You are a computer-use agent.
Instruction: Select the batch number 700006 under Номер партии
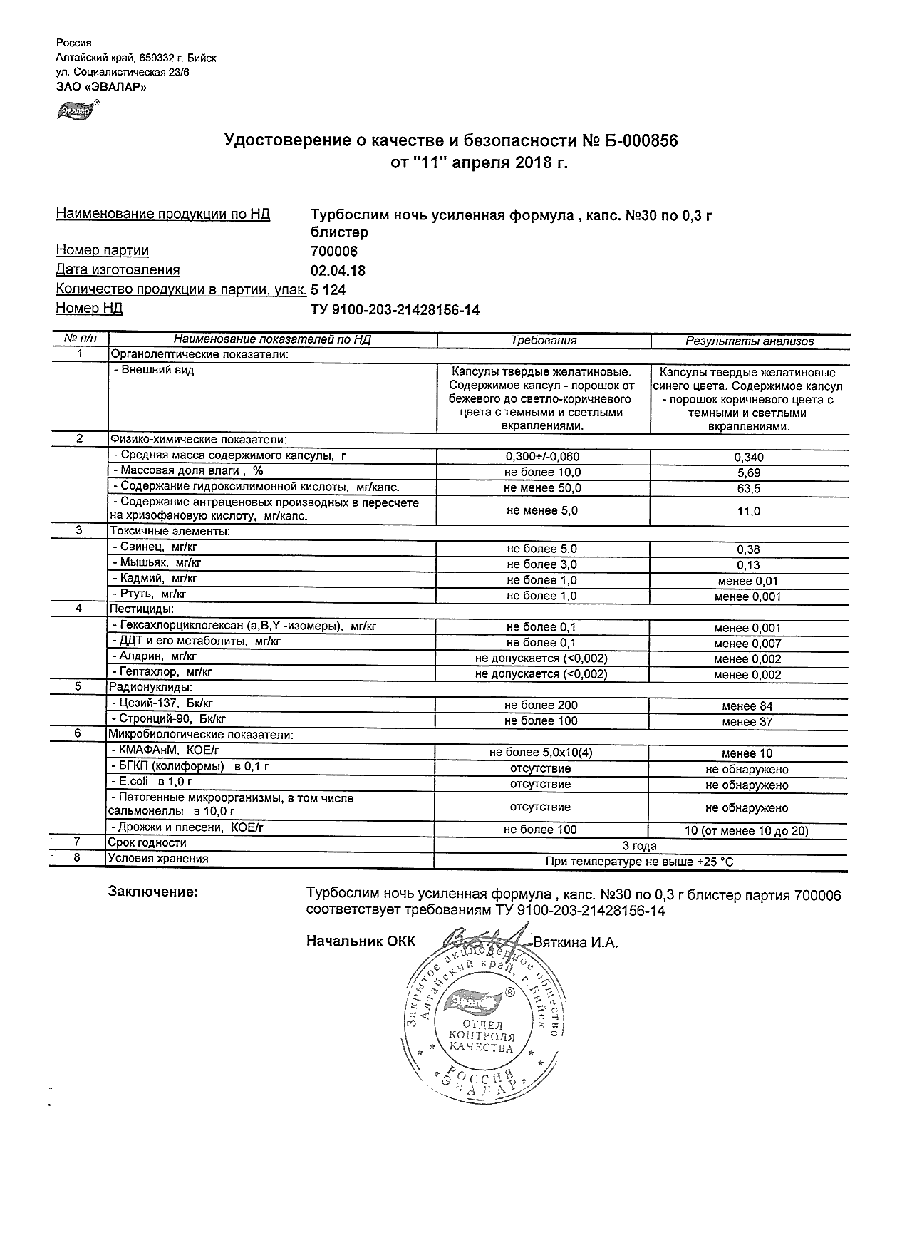coord(334,251)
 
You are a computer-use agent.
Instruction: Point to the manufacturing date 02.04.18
coord(338,270)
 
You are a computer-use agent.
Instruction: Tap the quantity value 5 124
coord(329,289)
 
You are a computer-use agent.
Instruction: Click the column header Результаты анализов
coord(749,341)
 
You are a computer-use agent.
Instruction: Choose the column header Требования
coord(543,341)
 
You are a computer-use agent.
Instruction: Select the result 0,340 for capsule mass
coord(748,457)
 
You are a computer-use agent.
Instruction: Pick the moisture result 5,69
coord(748,472)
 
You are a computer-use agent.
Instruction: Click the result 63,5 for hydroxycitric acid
coord(748,488)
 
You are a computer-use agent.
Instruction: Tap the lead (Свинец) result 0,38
coord(748,549)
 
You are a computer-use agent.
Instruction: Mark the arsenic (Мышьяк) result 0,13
coord(748,565)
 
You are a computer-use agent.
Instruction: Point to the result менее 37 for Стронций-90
coord(747,722)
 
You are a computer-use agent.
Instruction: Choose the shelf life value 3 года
coord(640,846)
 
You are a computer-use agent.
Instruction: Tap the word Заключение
coord(152,892)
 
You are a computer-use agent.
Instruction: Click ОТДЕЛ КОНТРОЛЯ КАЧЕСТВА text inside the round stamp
coord(482,1037)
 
